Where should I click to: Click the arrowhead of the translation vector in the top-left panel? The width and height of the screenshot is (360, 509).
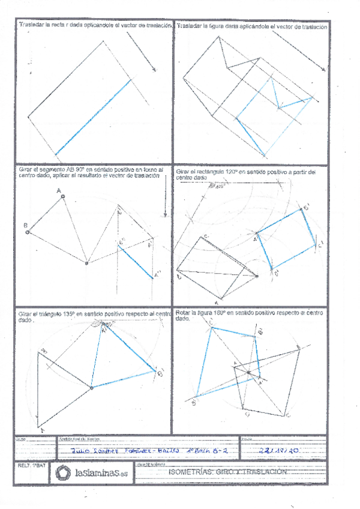click(155, 70)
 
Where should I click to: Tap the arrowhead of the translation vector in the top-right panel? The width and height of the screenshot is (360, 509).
click(325, 70)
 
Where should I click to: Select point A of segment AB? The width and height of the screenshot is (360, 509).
click(63, 196)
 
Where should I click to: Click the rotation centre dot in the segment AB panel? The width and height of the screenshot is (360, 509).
click(87, 263)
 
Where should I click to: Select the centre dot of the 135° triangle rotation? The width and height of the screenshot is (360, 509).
click(91, 388)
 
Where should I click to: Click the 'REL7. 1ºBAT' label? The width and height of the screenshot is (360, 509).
click(30, 465)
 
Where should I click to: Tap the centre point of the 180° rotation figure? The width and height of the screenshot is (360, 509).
click(248, 373)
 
